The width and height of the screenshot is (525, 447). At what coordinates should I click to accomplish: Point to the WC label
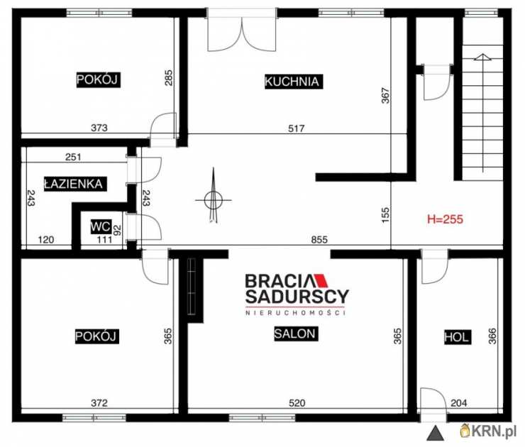coord(101,226)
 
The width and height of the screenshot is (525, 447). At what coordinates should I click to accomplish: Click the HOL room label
coord(457,337)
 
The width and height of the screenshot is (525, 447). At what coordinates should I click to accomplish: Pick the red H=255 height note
coord(445,219)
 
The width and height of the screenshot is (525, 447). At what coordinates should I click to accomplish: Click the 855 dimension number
coord(319,239)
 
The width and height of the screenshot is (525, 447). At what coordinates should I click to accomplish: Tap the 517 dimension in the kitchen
coord(297,128)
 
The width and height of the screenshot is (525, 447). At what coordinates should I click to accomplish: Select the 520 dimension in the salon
coord(297,403)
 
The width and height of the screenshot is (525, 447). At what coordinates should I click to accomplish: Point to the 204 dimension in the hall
coord(459,403)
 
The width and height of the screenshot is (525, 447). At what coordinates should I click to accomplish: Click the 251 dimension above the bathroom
coord(73,157)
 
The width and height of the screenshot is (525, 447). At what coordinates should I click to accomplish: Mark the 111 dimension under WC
coord(104,239)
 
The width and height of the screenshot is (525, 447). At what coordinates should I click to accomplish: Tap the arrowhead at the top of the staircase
coord(483,57)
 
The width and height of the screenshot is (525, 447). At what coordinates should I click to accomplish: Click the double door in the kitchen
coord(242,33)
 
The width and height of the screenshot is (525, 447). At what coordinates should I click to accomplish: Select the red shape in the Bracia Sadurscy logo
coord(322,281)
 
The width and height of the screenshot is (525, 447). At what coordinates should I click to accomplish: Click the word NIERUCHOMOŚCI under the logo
coord(295,313)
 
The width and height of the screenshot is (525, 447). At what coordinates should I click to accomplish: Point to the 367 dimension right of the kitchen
coord(386,95)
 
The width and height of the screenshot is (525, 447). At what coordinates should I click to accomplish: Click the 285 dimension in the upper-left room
coord(169,77)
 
